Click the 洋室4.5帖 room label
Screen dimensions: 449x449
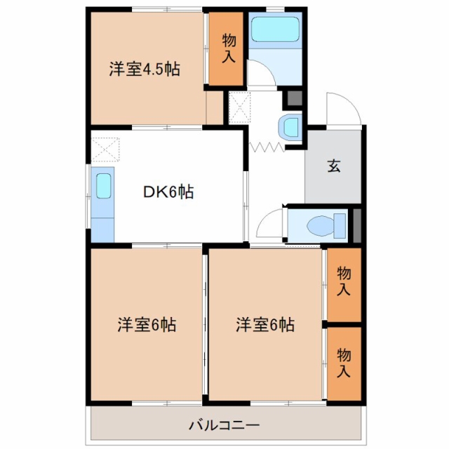coord(145,69)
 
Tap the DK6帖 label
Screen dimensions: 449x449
coord(168,192)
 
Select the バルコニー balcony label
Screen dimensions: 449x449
coord(224,425)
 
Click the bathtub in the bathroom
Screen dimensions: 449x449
coord(275,29)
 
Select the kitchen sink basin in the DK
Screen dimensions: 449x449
coord(103,186)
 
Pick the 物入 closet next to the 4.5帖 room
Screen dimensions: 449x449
coord(226,48)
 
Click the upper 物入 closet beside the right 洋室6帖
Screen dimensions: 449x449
coord(344,285)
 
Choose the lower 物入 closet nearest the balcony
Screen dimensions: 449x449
coord(344,363)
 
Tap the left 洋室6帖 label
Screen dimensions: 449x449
coord(147,325)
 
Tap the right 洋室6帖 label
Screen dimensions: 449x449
coord(265,325)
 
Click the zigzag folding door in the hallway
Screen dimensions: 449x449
coord(267,147)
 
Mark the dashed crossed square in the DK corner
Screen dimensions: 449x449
coord(105,149)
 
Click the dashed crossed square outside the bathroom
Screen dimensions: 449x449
coord(240,107)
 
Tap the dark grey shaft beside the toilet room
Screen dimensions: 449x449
coord(357,226)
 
